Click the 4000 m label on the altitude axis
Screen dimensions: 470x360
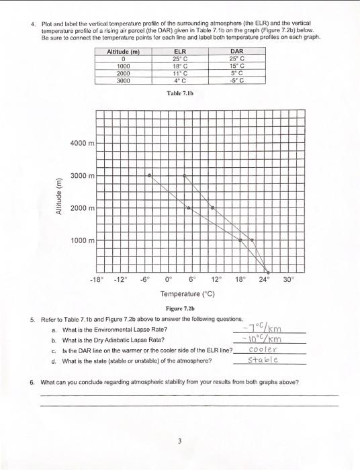click(83, 143)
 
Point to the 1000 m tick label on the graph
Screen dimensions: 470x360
click(83, 240)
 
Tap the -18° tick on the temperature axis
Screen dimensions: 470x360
click(97, 280)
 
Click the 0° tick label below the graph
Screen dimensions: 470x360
click(168, 280)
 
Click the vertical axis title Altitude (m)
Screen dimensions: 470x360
click(60, 191)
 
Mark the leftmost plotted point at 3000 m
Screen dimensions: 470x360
click(150, 175)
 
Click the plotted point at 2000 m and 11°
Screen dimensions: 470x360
click(189, 208)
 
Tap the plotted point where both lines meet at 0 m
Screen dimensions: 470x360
click(266, 271)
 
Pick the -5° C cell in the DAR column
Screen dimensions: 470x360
click(236, 80)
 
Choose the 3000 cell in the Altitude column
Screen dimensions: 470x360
click(123, 80)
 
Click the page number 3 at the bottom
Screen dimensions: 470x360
click(179, 441)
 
